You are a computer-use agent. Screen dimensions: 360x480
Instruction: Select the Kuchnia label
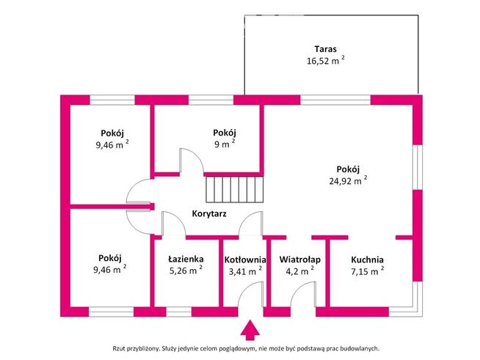[367, 260]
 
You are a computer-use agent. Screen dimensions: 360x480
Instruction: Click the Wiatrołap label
[297, 260]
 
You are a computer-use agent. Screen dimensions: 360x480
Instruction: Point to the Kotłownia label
[244, 260]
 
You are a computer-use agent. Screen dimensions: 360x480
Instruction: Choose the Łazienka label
[186, 260]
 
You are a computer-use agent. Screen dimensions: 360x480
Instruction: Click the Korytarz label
[208, 214]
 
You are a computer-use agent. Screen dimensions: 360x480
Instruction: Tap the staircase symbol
[233, 190]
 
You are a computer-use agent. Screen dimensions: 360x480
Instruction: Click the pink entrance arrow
[250, 329]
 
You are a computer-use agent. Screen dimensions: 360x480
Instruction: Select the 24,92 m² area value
[347, 180]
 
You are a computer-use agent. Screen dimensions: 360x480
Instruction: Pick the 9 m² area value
[224, 144]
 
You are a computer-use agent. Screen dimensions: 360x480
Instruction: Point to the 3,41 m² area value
[244, 271]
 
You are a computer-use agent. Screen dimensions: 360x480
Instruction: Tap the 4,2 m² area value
[297, 271]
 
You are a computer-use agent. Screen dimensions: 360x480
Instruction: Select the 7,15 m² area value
[366, 271]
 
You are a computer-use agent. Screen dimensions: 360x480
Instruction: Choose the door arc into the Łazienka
[173, 223]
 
